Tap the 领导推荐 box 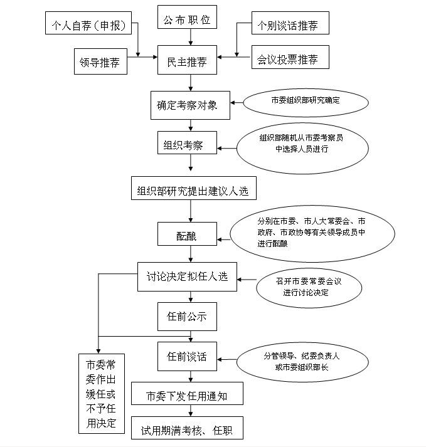(100, 63)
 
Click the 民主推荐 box (187, 62)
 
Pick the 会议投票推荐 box (287, 60)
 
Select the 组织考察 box (187, 143)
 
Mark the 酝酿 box (187, 236)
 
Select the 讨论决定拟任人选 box (187, 276)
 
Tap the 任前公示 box (187, 317)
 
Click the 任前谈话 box (187, 356)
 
